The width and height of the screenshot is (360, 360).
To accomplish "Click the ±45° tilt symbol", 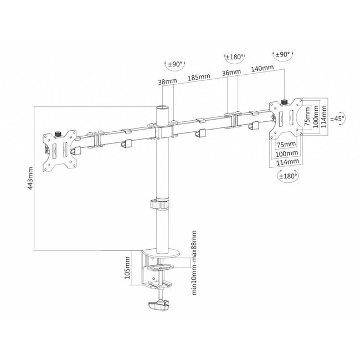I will (337, 117).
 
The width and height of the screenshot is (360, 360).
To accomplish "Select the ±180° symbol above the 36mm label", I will (234, 57).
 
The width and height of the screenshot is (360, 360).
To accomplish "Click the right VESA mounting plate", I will (286, 118).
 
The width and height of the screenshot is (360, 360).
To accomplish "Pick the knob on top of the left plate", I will (59, 133).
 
